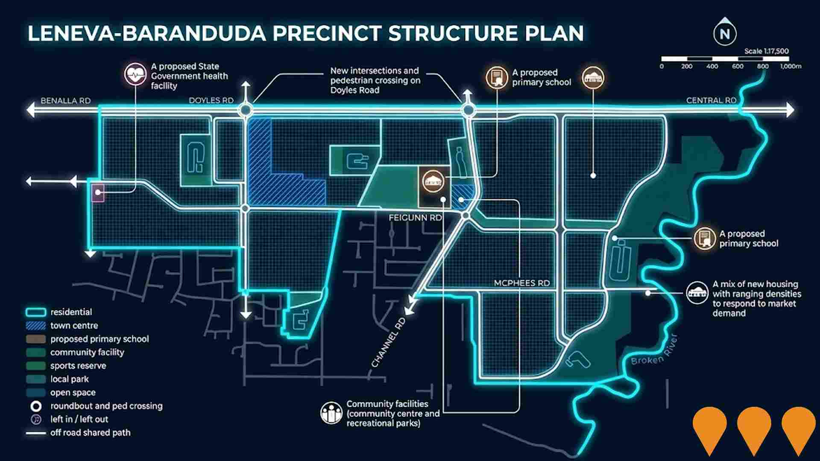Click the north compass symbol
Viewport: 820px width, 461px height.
coord(725,33)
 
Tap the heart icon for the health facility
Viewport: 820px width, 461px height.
coord(135,74)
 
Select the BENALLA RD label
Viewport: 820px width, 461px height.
coord(65,101)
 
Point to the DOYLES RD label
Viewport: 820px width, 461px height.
coord(211,100)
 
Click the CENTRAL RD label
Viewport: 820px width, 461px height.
coord(711,100)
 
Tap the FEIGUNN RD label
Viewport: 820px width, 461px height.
coord(415,218)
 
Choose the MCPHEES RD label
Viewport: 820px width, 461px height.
coord(521,283)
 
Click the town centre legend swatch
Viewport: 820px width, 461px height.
coord(36,326)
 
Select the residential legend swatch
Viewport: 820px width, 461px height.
coord(36,312)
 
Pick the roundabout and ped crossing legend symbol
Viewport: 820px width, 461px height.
coord(36,406)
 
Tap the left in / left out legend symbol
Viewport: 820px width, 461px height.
coord(36,419)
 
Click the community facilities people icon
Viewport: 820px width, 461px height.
coord(331,413)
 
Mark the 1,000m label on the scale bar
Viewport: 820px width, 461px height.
coord(791,67)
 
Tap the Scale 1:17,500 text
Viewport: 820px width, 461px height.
coord(766,51)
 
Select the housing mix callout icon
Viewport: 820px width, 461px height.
coord(697,293)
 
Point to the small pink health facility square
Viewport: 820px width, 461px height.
coord(98,193)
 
